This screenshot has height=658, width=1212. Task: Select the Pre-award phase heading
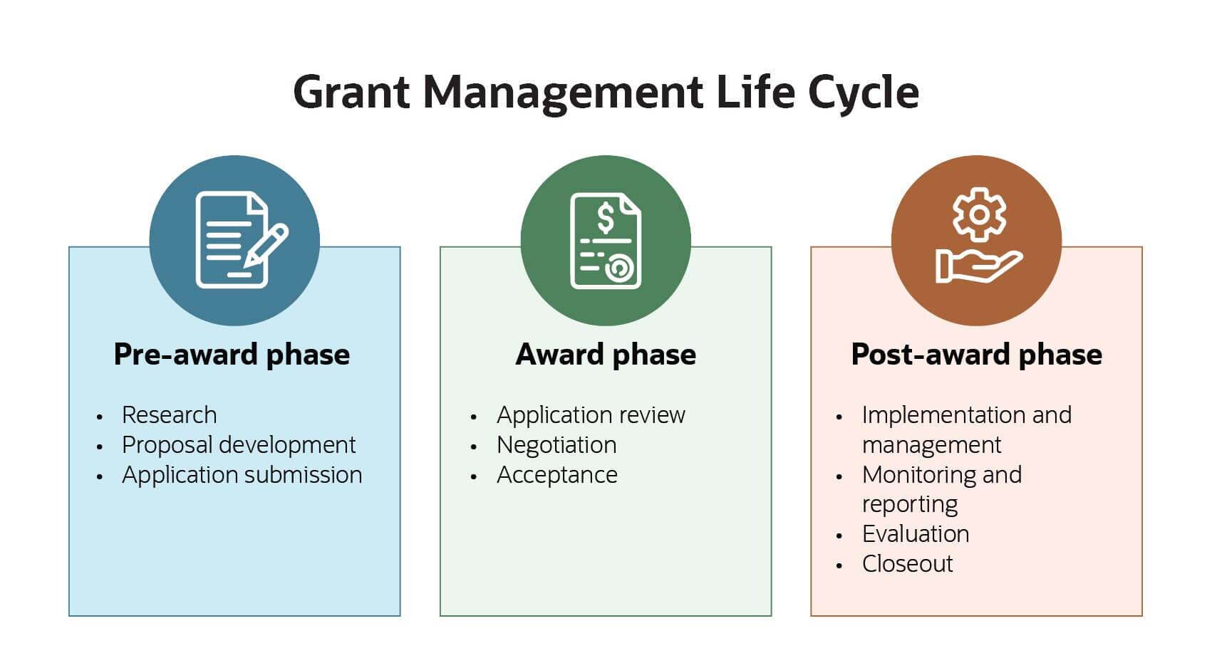(x=232, y=355)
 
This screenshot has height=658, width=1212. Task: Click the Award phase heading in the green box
(x=606, y=355)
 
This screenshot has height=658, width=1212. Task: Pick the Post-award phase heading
(x=976, y=355)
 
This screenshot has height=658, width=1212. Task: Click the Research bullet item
(x=169, y=415)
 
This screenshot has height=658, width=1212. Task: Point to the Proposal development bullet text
(x=238, y=445)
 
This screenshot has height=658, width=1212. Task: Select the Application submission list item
(x=242, y=475)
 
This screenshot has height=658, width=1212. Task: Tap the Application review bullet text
(x=591, y=415)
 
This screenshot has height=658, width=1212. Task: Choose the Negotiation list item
(x=556, y=445)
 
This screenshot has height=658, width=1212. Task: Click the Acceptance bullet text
(x=556, y=475)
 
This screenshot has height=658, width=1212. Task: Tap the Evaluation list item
(x=916, y=534)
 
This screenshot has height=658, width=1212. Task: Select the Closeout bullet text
(x=907, y=564)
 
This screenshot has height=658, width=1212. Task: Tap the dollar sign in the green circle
(x=605, y=219)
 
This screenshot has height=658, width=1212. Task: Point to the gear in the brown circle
(x=979, y=214)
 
